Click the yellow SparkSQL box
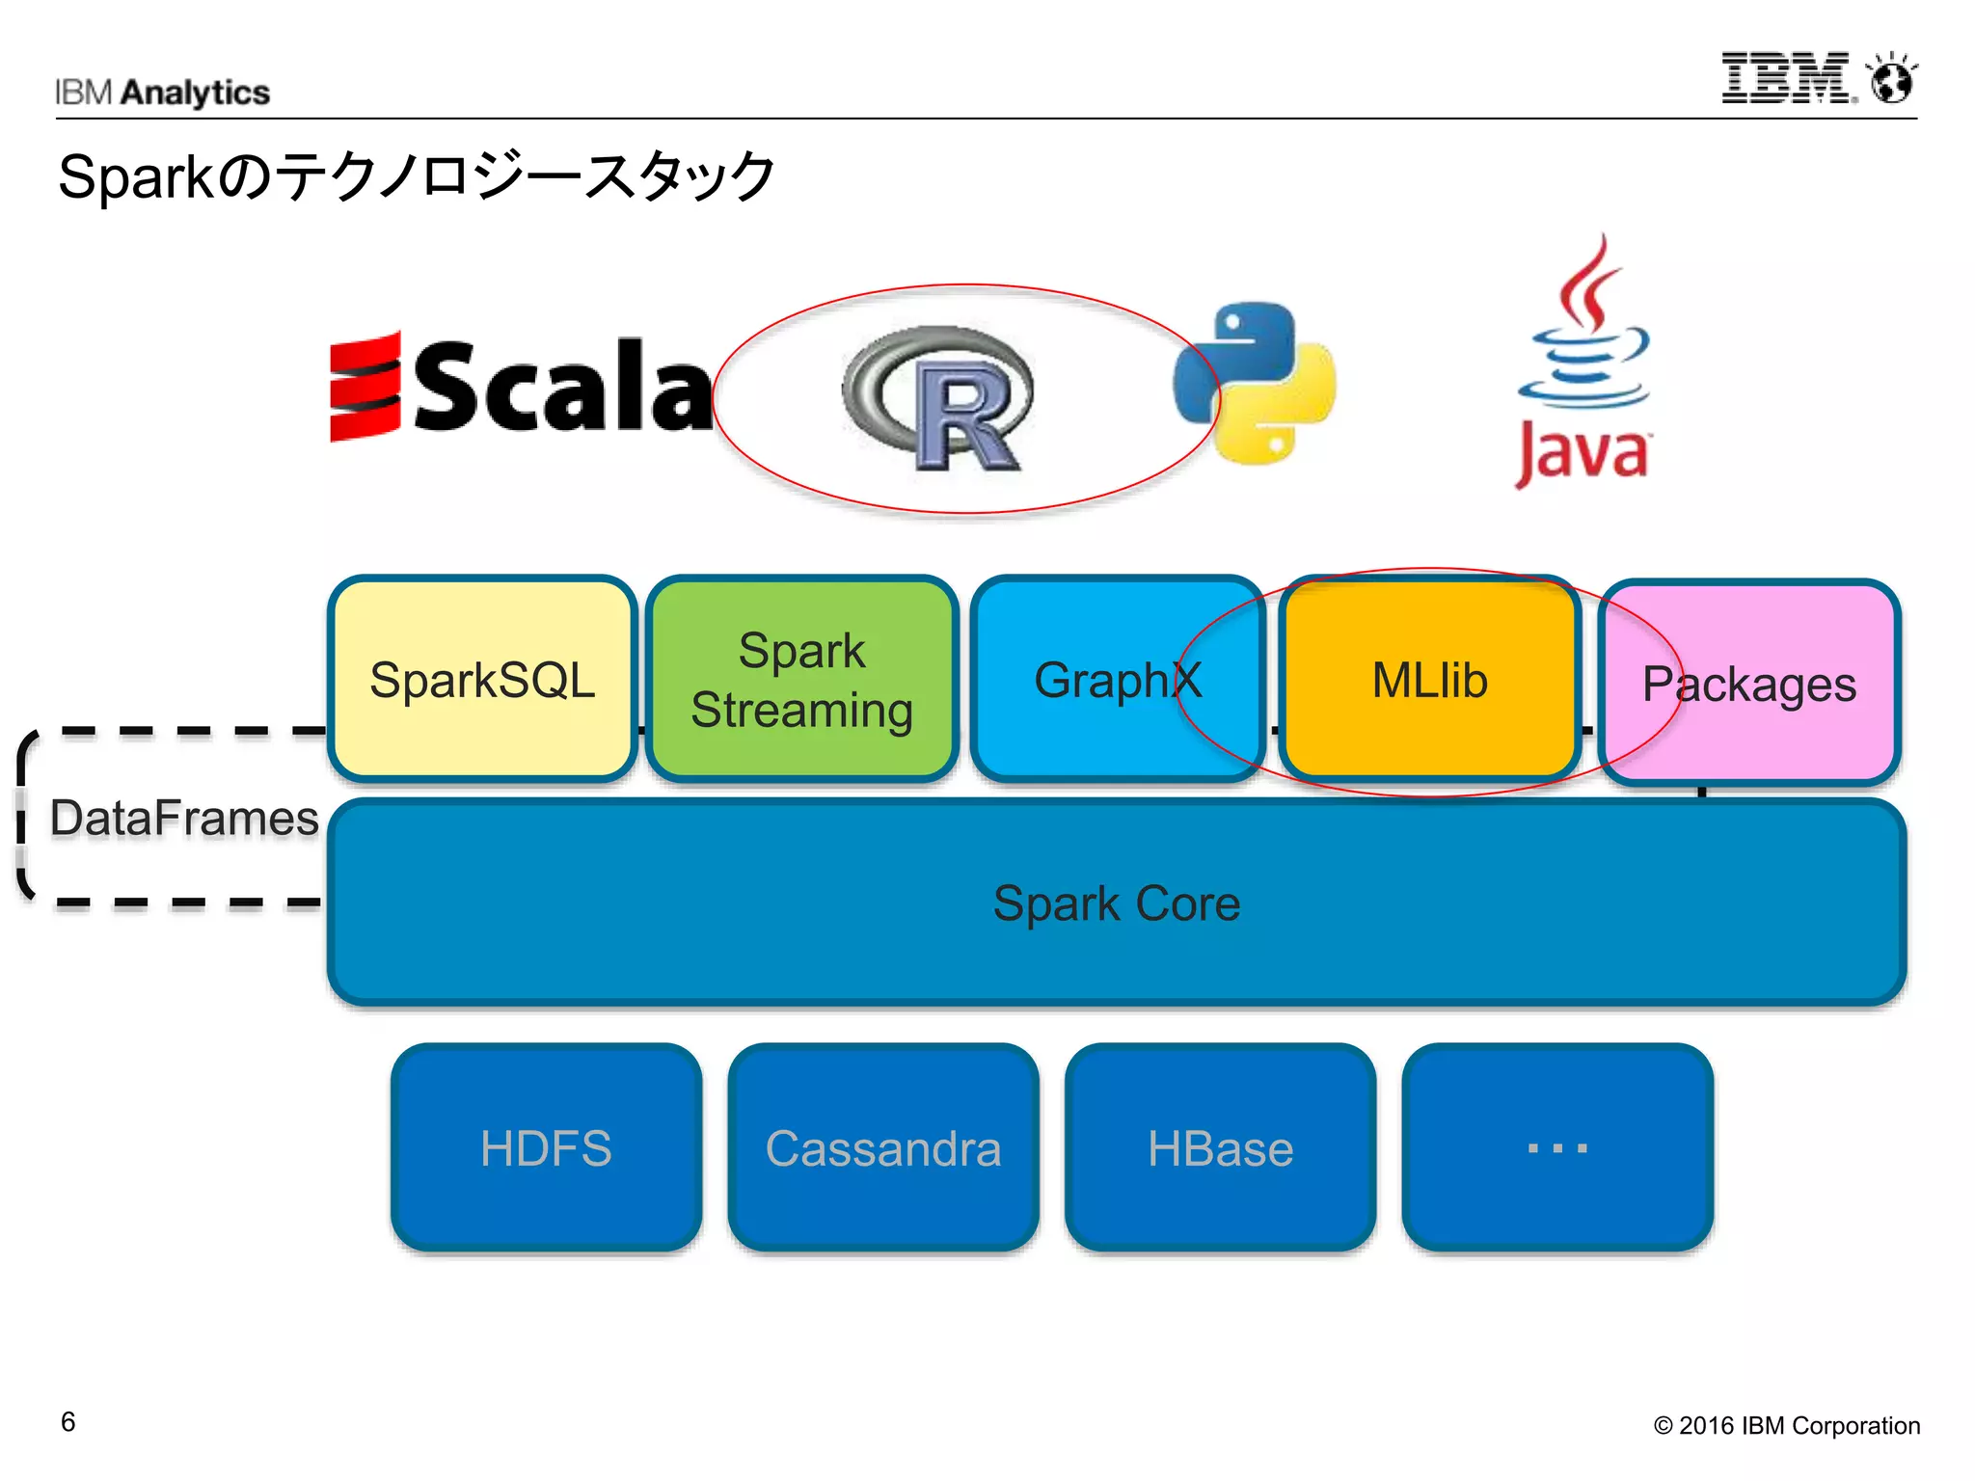click(482, 679)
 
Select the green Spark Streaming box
click(801, 679)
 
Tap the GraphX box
click(1117, 679)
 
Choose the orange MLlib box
click(1429, 679)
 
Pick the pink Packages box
click(1748, 683)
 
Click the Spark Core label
click(1116, 903)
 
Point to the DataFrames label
click(184, 818)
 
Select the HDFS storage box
click(546, 1147)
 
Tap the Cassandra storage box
click(883, 1147)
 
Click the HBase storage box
click(1220, 1147)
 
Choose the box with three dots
click(1556, 1147)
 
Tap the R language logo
click(940, 397)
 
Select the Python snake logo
click(1255, 382)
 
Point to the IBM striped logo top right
click(1787, 78)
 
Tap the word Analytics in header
click(196, 93)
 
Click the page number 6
click(68, 1421)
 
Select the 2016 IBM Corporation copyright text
click(1786, 1425)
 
